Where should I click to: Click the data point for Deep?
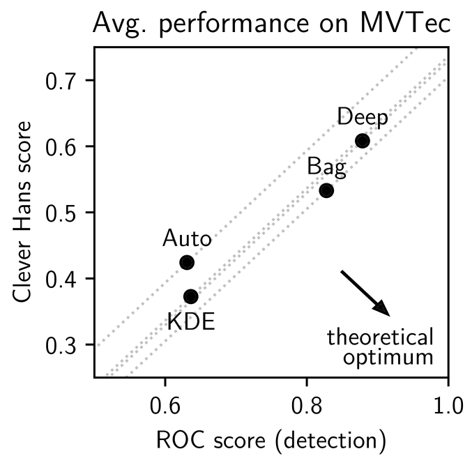pyautogui.click(x=362, y=141)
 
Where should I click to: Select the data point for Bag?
pyautogui.click(x=326, y=190)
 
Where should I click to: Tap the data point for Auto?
pyautogui.click(x=186, y=262)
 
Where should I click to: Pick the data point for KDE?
pyautogui.click(x=190, y=296)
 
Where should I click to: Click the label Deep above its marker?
pyautogui.click(x=363, y=117)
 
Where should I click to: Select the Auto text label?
pyautogui.click(x=186, y=239)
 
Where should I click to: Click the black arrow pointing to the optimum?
pyautogui.click(x=365, y=292)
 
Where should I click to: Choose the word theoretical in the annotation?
pyautogui.click(x=381, y=338)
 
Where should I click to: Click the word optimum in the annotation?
pyautogui.click(x=388, y=358)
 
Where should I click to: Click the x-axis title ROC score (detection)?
pyautogui.click(x=271, y=441)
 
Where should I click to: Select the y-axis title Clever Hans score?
pyautogui.click(x=22, y=212)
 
